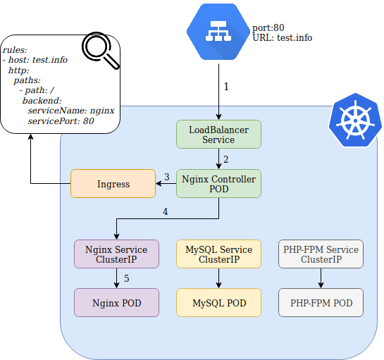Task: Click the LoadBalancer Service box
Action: click(x=218, y=134)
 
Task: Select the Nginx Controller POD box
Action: click(x=218, y=183)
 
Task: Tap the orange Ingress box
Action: click(x=113, y=183)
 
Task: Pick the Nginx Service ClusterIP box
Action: click(x=116, y=254)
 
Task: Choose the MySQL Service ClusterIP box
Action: click(x=218, y=254)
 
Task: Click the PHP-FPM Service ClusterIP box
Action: click(x=321, y=254)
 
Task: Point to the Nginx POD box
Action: click(x=116, y=303)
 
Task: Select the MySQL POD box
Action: click(x=218, y=303)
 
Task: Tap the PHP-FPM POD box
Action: click(x=321, y=303)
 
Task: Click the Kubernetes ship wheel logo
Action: click(x=355, y=120)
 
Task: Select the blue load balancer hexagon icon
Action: click(x=218, y=32)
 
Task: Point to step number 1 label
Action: click(x=226, y=87)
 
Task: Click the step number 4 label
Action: click(x=166, y=211)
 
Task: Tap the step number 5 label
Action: click(x=126, y=278)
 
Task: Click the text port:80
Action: click(x=268, y=27)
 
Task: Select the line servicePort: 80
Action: click(x=61, y=121)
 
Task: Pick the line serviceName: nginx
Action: click(x=71, y=111)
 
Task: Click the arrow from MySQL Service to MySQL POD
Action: click(x=218, y=278)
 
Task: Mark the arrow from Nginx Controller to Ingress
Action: click(x=166, y=183)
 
